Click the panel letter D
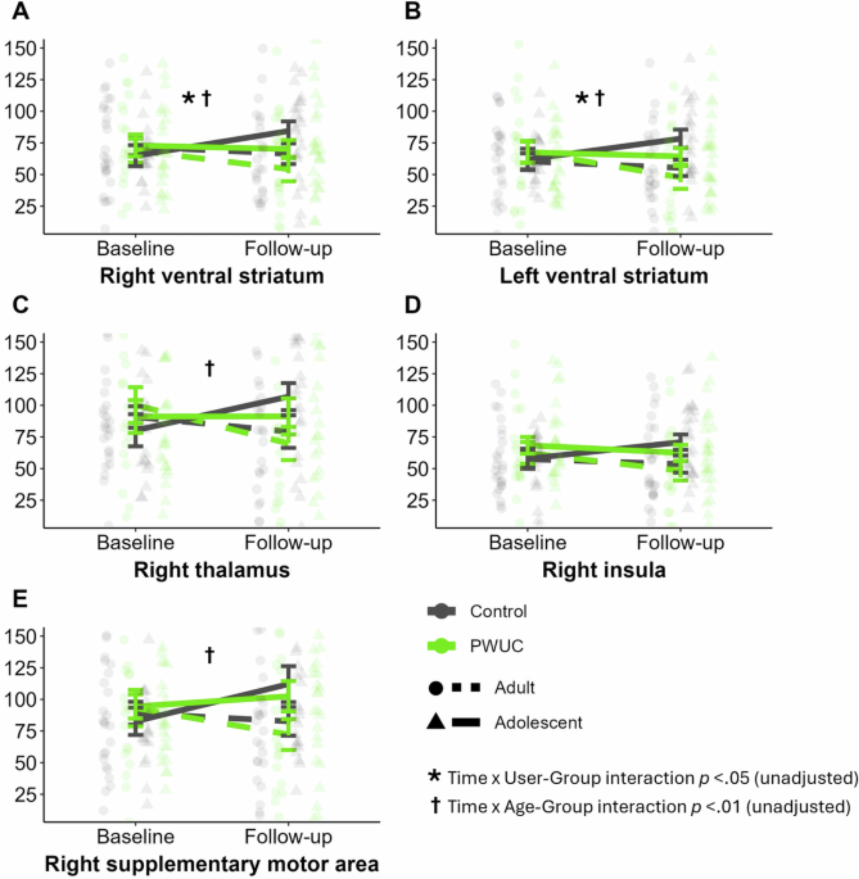413,305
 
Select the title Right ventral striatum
212,276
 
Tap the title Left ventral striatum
603,276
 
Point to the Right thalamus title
212,570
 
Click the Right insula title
603,570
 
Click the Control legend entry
498,611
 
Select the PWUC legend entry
496,646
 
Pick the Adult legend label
514,688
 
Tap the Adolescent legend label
538,723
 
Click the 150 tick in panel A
21,48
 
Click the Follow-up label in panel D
680,542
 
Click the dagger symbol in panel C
209,369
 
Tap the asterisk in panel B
582,99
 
